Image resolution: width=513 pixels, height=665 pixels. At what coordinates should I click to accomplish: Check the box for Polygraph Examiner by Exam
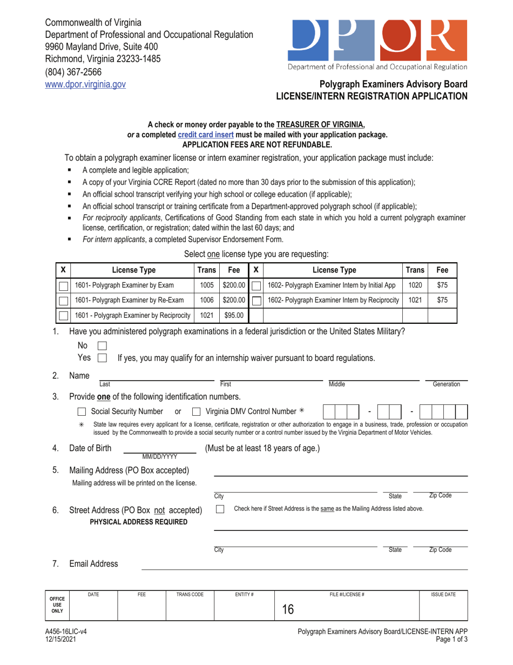point(63,285)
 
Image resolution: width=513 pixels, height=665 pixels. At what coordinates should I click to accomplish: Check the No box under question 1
point(102,345)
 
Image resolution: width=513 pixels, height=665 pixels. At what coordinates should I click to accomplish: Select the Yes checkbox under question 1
point(102,357)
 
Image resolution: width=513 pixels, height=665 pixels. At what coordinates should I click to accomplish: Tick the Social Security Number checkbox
point(81,413)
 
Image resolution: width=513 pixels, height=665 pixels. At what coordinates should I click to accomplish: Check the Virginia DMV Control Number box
point(197,413)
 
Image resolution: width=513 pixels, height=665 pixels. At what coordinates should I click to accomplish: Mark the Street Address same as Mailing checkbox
point(220,509)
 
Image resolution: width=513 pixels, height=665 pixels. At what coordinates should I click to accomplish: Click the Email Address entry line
point(305,564)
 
